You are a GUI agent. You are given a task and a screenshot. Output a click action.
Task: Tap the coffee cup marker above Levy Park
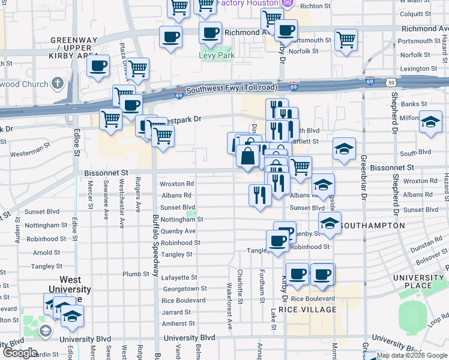(209, 34)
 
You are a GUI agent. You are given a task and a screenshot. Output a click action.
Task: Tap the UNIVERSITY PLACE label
(418, 282)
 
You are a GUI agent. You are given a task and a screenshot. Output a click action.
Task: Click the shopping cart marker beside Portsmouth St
(346, 40)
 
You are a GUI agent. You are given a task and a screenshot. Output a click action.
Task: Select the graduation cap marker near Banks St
(430, 122)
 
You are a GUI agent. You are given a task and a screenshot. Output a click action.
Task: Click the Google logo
(19, 353)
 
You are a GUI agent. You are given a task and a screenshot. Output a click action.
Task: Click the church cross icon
(58, 83)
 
